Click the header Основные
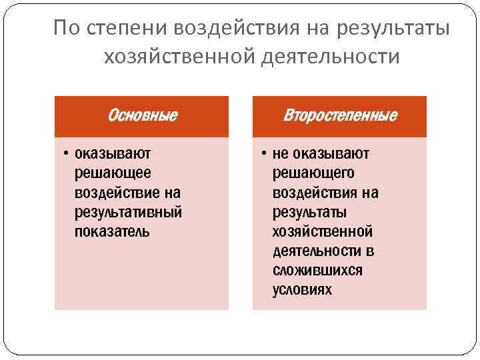tap(142, 116)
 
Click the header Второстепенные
tap(340, 116)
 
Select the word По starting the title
tap(65, 29)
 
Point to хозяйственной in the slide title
tap(175, 58)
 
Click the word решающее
tap(113, 173)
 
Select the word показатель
tap(113, 231)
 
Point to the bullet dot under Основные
tap(67, 154)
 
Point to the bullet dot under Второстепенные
tap(265, 154)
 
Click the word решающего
tap(313, 173)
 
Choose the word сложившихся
tap(317, 271)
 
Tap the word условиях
tap(301, 290)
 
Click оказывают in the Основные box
tap(113, 154)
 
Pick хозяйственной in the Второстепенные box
tap(322, 231)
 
